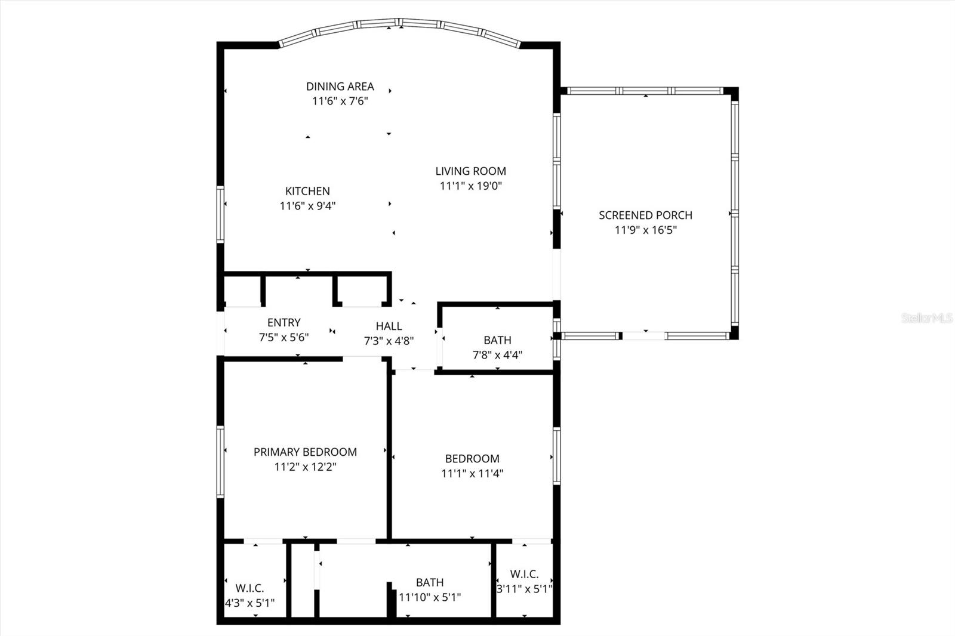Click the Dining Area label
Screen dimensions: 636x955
click(340, 87)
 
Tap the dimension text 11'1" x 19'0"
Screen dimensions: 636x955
click(470, 186)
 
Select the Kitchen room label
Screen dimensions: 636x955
click(307, 191)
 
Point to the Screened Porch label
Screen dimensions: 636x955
click(645, 215)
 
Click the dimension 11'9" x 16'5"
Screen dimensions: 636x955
click(645, 230)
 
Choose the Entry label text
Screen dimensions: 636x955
click(284, 323)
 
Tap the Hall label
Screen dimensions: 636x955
click(389, 326)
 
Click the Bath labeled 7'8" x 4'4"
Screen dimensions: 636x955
click(497, 340)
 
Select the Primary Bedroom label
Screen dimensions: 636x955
click(305, 452)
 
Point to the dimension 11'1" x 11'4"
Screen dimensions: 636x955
click(472, 474)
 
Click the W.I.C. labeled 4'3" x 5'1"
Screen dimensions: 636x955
click(249, 588)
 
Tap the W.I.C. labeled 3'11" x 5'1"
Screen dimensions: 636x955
click(524, 574)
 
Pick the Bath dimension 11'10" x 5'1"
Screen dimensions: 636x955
click(430, 597)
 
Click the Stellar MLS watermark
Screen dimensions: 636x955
click(926, 318)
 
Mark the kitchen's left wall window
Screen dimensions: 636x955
click(220, 214)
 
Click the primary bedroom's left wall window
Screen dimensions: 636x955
click(220, 461)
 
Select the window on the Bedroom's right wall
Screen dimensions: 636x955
click(556, 456)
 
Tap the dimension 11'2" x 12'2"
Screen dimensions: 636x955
click(305, 467)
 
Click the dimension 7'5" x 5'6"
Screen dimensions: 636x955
click(284, 337)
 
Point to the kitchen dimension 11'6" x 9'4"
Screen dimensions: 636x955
click(307, 206)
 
